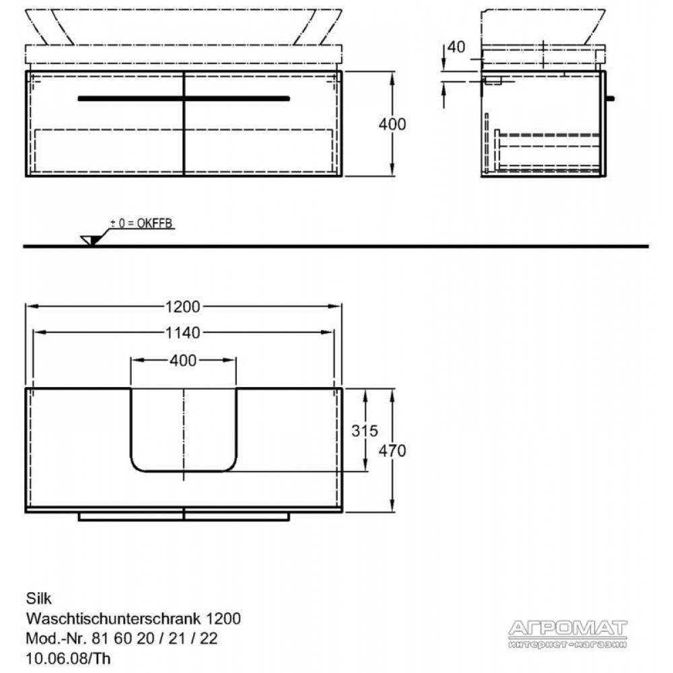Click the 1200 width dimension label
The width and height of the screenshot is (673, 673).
(183, 306)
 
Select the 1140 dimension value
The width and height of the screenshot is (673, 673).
(183, 332)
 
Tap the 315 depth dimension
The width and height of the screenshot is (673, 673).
(364, 431)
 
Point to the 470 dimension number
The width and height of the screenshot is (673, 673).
(392, 451)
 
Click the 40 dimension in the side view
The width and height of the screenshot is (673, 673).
(456, 47)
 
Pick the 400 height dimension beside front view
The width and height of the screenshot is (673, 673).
(392, 124)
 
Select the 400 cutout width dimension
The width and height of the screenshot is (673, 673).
(183, 361)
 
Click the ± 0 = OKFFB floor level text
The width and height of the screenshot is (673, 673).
(141, 223)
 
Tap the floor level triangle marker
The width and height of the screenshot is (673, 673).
(90, 240)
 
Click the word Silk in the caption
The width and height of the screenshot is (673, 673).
(38, 598)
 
